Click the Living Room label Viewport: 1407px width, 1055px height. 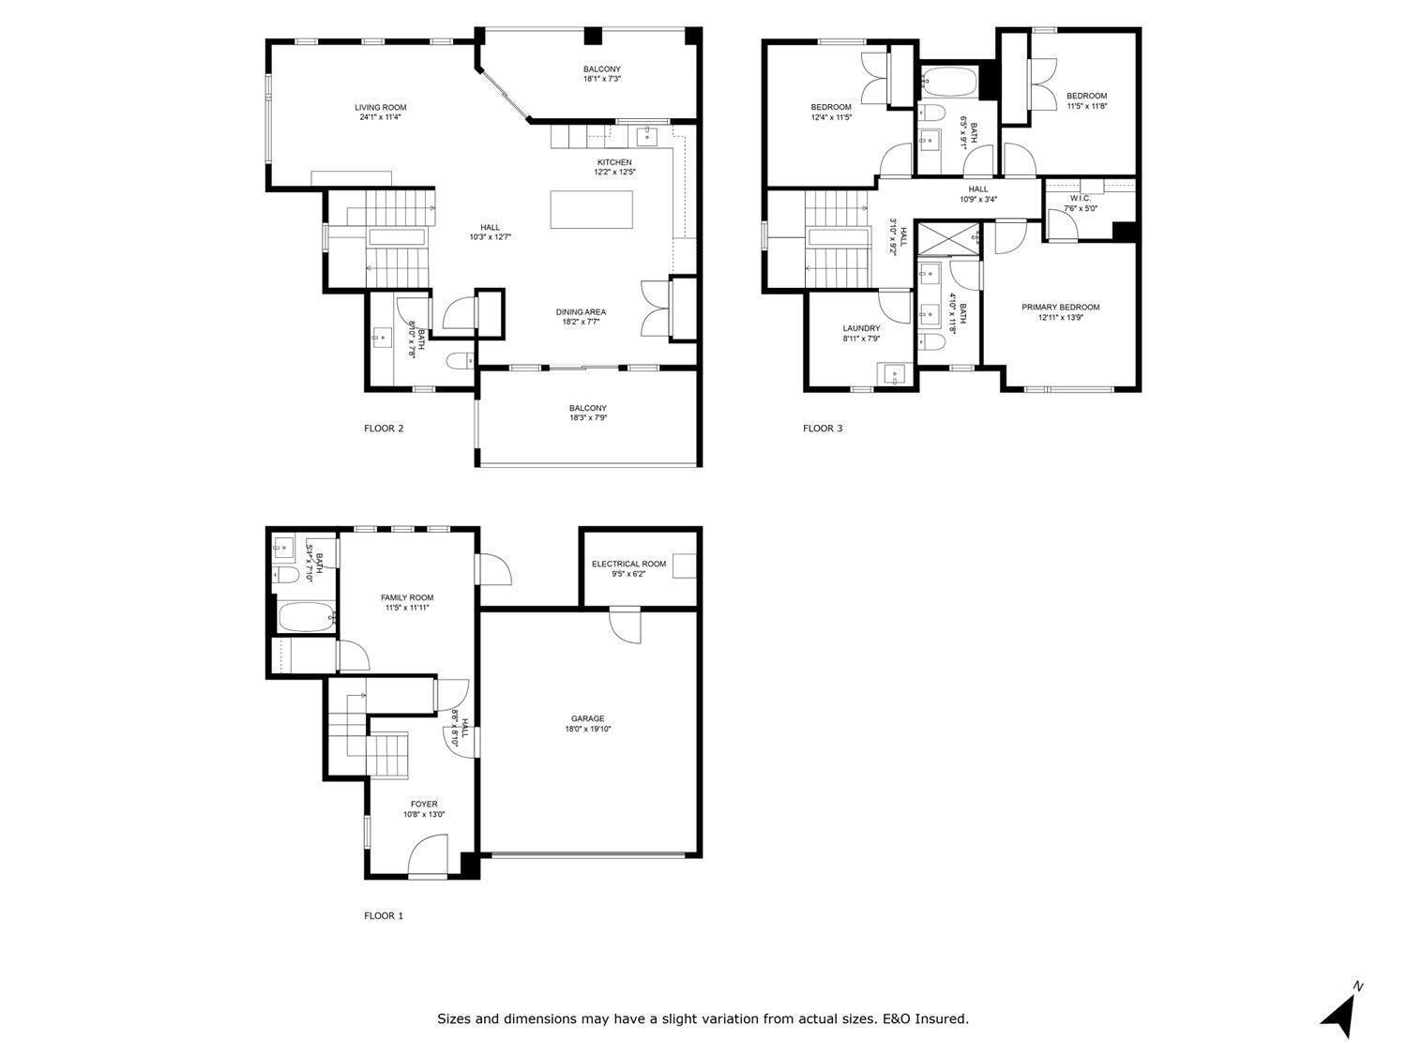tap(380, 107)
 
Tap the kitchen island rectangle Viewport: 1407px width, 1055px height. tap(591, 209)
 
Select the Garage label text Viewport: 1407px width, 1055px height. tap(587, 719)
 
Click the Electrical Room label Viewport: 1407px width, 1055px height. tap(628, 564)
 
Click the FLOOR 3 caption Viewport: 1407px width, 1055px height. tap(823, 429)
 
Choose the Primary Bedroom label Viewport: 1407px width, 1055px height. tap(1060, 307)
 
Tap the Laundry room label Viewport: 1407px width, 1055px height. tap(861, 328)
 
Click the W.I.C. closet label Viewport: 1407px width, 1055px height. tap(1080, 198)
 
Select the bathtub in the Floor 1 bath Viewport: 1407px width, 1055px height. tap(305, 618)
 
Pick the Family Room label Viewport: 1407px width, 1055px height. tap(406, 597)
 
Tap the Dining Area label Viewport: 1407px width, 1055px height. tap(581, 311)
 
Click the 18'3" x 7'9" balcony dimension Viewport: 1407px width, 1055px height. tap(587, 418)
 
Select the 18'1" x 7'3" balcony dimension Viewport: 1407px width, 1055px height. tap(601, 80)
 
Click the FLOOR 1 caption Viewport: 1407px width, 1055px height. tap(383, 915)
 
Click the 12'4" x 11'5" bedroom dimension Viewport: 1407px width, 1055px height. tap(830, 117)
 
